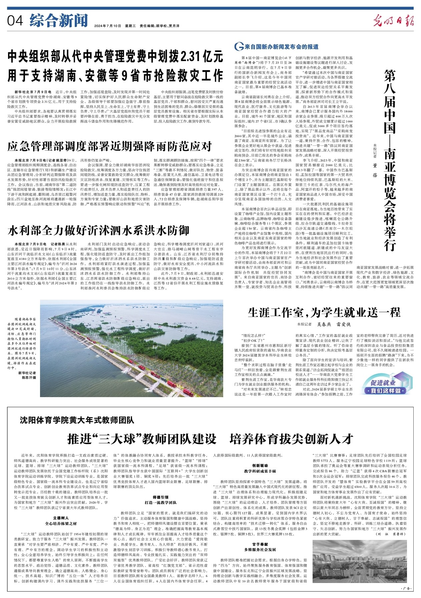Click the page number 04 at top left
(x=15, y=21)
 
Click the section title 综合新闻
(x=58, y=21)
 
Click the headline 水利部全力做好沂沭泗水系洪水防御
(x=98, y=231)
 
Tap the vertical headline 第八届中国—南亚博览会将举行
(x=389, y=160)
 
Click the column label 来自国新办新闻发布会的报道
(x=281, y=47)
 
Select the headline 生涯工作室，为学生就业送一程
(x=324, y=313)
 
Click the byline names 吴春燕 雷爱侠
(x=334, y=324)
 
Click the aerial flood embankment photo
(x=131, y=348)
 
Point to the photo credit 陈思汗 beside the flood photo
(x=29, y=377)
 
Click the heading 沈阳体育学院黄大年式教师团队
(x=77, y=420)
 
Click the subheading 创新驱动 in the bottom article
(x=260, y=466)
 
